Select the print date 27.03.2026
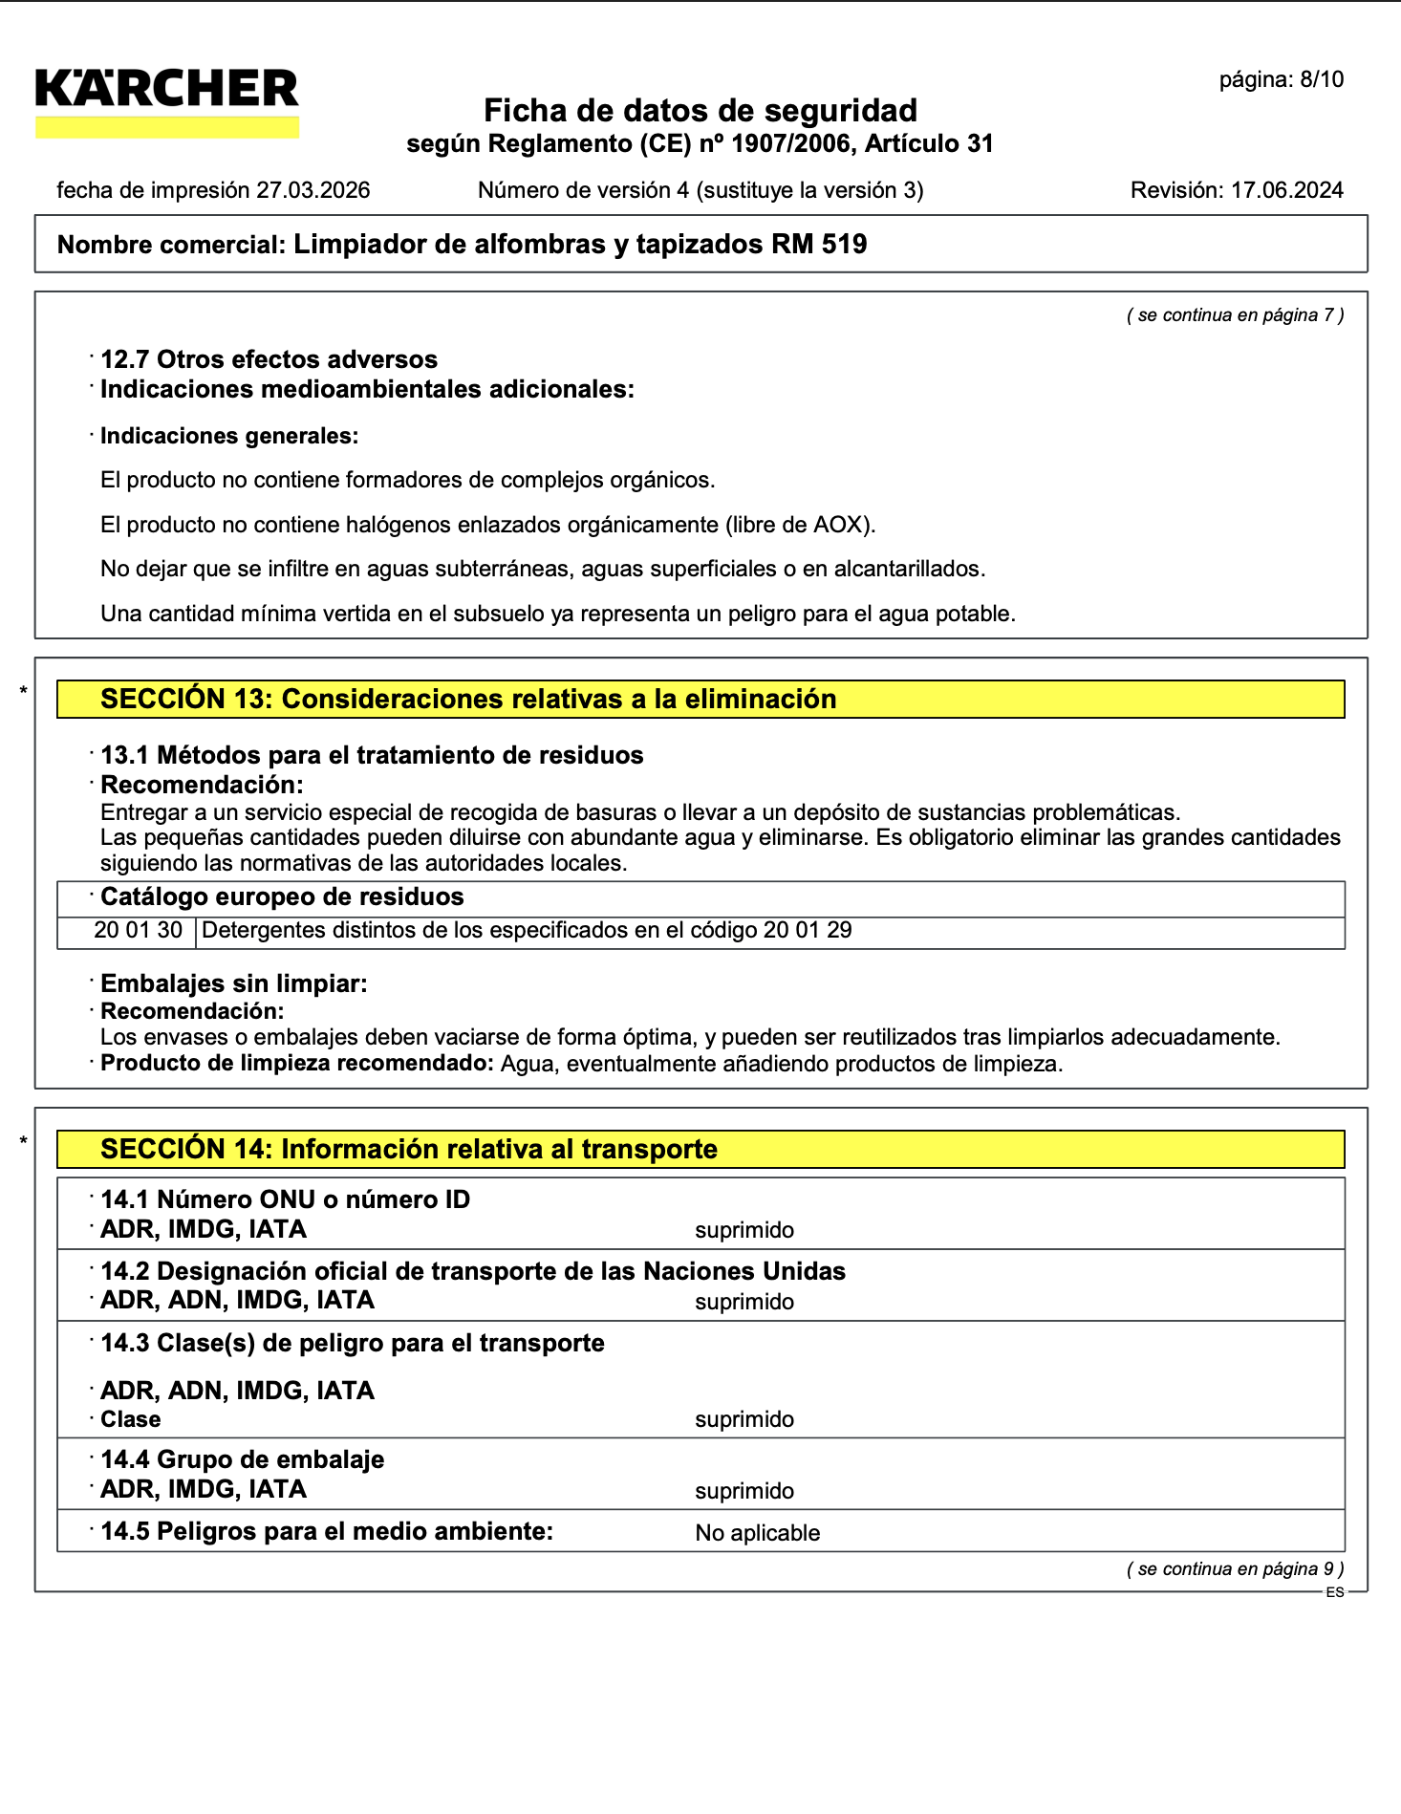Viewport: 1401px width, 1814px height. tap(313, 190)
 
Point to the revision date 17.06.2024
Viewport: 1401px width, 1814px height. tap(1286, 190)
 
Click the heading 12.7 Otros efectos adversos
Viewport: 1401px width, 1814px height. tap(269, 359)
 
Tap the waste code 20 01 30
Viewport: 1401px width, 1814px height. tap(138, 931)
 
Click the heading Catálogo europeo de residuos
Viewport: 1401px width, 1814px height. tap(282, 896)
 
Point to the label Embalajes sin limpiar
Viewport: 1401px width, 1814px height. tap(233, 983)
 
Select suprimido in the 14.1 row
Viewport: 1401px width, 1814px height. tap(744, 1230)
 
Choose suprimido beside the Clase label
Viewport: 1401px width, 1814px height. tap(744, 1419)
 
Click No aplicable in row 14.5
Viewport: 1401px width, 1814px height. tap(757, 1533)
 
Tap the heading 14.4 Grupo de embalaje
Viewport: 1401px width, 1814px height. tap(242, 1459)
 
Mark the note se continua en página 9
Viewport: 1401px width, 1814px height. tap(1235, 1568)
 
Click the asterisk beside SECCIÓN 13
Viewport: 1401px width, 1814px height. tap(24, 690)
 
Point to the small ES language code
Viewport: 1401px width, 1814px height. tap(1334, 1592)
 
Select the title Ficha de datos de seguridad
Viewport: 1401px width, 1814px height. tap(700, 111)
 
